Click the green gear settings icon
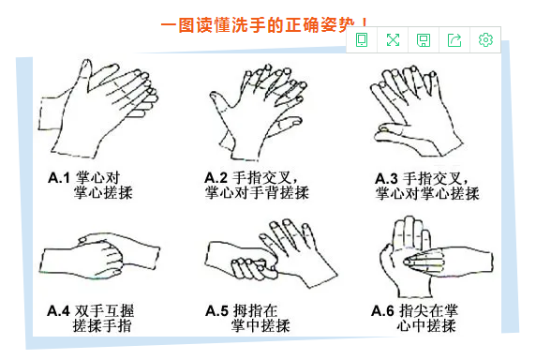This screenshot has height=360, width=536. click(x=485, y=39)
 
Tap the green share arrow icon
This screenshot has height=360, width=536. click(x=454, y=40)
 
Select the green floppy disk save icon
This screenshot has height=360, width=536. click(x=424, y=40)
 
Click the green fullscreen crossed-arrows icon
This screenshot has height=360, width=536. click(x=393, y=40)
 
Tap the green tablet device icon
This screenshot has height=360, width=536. click(x=362, y=39)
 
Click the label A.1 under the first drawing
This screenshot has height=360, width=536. click(x=59, y=178)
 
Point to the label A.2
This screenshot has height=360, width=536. click(x=216, y=178)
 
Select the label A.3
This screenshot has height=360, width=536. click(x=386, y=179)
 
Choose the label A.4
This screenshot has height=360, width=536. click(x=58, y=310)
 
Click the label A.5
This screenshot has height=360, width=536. click(x=216, y=310)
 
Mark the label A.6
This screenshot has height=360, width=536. click(x=383, y=310)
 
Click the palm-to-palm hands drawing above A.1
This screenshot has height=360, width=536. click(x=97, y=109)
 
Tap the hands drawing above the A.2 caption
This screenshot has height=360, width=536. click(x=258, y=112)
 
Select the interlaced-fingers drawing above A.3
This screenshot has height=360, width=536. click(x=416, y=112)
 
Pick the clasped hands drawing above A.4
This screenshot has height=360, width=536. click(x=100, y=256)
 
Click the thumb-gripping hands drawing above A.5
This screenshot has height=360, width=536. click(x=272, y=253)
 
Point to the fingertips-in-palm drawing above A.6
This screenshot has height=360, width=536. click(x=436, y=257)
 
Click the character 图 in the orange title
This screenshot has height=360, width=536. click(x=186, y=25)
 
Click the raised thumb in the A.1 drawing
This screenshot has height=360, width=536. click(x=85, y=72)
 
